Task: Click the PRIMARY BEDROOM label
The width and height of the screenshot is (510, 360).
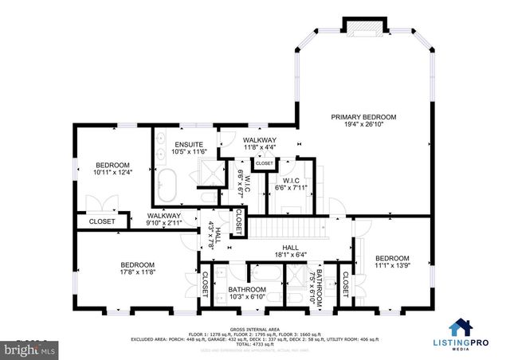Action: tap(363, 117)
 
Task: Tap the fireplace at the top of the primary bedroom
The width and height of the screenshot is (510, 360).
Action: tap(363, 27)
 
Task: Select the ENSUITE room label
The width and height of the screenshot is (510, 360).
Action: tap(189, 144)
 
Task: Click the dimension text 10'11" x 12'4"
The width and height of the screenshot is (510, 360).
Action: tap(112, 171)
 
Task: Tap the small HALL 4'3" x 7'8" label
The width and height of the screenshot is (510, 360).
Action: tap(214, 238)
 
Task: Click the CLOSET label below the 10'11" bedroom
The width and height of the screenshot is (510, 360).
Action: tap(101, 221)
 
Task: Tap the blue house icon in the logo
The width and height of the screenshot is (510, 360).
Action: tap(460, 327)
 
